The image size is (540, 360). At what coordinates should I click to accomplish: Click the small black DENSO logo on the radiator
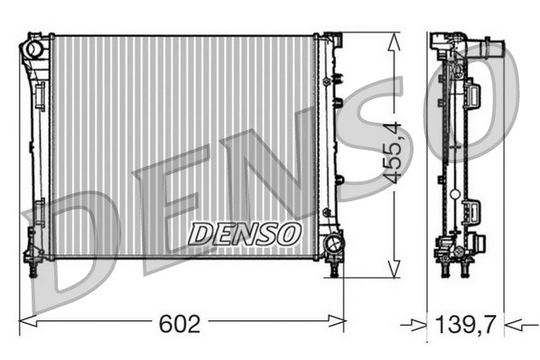[244, 234]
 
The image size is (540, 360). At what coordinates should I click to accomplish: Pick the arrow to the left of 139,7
[416, 321]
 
